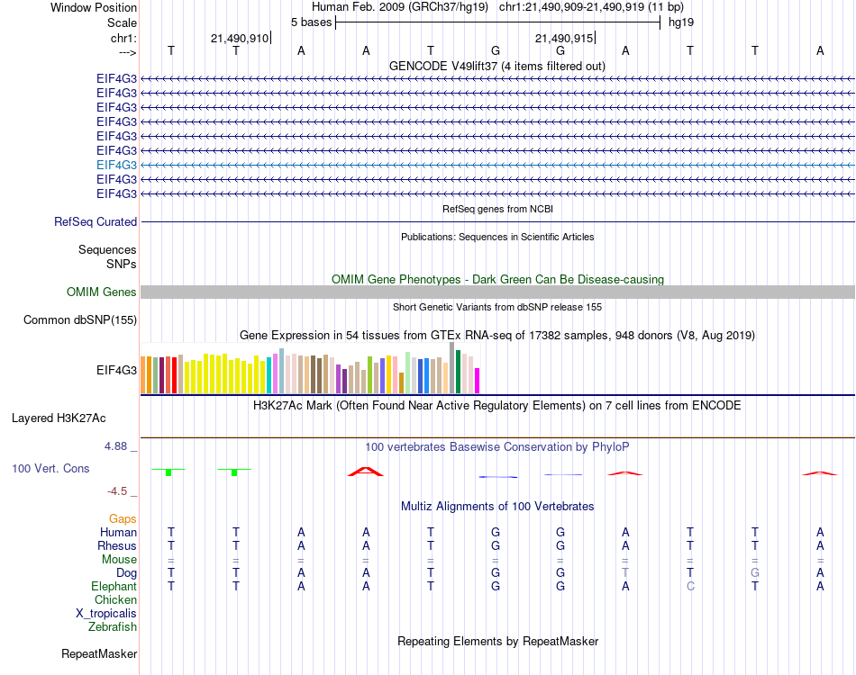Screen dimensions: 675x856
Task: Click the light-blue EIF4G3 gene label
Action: click(116, 165)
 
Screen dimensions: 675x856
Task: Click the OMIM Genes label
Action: click(102, 292)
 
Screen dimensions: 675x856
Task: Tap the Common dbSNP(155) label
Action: click(80, 319)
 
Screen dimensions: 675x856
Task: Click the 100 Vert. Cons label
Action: click(51, 469)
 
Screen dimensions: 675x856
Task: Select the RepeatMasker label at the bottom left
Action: click(99, 653)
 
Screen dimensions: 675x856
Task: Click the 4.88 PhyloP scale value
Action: click(119, 445)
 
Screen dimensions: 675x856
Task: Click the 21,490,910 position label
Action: click(239, 38)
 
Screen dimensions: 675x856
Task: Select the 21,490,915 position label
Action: click(564, 38)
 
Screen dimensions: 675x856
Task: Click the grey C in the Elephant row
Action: click(690, 586)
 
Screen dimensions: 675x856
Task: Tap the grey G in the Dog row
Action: click(755, 572)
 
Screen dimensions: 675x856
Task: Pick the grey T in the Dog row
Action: click(625, 572)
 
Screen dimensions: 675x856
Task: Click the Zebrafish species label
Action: click(113, 626)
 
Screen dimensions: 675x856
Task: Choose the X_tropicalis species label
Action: click(106, 613)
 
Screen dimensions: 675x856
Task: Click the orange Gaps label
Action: click(123, 518)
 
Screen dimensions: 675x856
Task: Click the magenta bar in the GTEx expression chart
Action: click(478, 381)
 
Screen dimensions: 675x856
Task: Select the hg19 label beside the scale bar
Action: click(681, 22)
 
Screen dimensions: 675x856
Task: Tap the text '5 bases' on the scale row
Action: click(311, 22)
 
